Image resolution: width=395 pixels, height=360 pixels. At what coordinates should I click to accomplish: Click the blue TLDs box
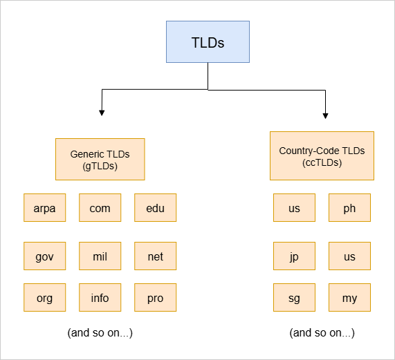(x=208, y=41)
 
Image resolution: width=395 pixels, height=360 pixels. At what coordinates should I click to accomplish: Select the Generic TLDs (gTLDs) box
(x=100, y=159)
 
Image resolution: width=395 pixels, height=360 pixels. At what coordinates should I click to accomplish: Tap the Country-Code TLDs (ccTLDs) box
(x=322, y=155)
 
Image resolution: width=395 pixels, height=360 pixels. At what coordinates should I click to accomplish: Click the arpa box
(x=44, y=207)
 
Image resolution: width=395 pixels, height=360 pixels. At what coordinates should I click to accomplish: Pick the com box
(x=100, y=207)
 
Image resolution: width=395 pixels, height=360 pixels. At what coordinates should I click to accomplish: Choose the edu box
(x=156, y=207)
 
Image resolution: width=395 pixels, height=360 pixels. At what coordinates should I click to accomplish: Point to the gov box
(x=44, y=256)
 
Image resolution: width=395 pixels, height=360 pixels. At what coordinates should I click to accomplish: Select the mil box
(x=100, y=256)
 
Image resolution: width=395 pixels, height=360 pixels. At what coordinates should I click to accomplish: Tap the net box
(x=156, y=256)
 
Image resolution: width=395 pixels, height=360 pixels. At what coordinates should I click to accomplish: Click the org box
(x=44, y=297)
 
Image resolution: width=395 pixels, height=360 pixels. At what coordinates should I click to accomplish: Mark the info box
(x=100, y=297)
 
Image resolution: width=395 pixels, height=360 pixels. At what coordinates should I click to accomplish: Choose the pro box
(x=156, y=297)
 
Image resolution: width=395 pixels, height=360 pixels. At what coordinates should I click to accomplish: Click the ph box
(x=349, y=207)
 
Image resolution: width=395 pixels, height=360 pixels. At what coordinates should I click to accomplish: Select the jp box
(x=294, y=256)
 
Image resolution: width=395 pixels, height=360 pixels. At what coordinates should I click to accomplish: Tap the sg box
(x=294, y=297)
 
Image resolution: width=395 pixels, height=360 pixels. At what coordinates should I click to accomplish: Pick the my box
(x=349, y=297)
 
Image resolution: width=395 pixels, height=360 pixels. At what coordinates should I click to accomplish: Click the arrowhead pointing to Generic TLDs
(x=102, y=113)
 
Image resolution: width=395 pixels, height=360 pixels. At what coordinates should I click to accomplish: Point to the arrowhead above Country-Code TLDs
(x=325, y=115)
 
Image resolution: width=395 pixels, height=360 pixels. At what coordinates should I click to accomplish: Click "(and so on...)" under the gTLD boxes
(x=100, y=333)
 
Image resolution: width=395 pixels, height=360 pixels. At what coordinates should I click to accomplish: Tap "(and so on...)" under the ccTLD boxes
(x=322, y=333)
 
